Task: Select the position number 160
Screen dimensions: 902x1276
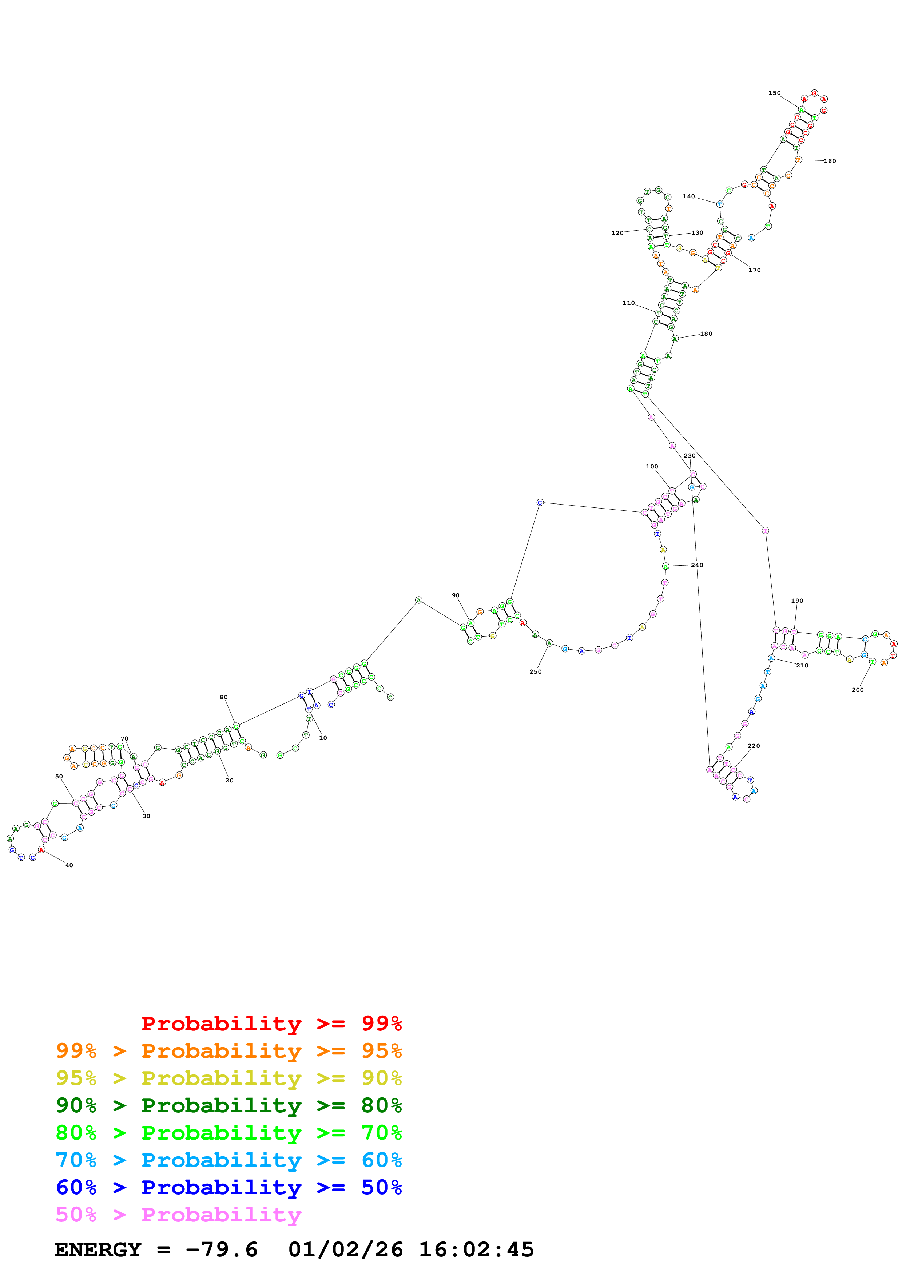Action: [829, 161]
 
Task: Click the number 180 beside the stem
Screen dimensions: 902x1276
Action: [706, 334]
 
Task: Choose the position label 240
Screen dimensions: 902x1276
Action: [697, 565]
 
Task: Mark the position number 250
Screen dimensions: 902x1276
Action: [535, 672]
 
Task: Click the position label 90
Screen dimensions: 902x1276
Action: [456, 595]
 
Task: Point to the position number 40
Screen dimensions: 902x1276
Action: [69, 865]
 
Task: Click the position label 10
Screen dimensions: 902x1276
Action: [323, 738]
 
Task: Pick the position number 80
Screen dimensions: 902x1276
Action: [223, 697]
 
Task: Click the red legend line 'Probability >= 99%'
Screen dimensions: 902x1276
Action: [271, 1024]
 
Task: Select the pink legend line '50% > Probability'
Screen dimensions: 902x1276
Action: [178, 1215]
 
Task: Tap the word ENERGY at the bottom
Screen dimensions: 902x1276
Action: [98, 1250]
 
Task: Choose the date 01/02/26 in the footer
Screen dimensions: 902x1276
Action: [346, 1250]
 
